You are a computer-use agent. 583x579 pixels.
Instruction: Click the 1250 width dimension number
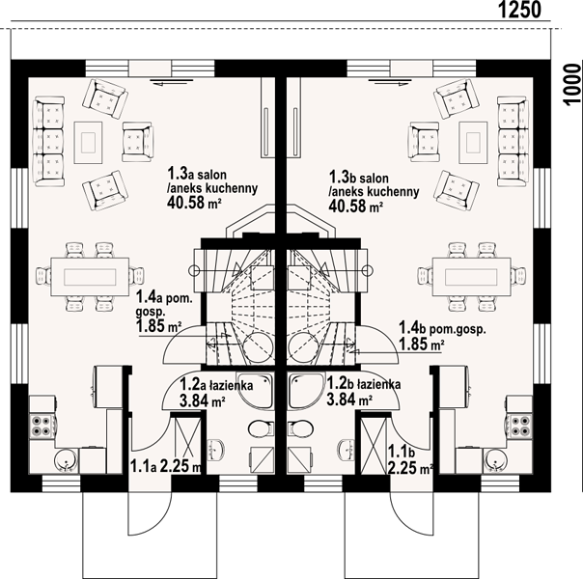[x=519, y=10]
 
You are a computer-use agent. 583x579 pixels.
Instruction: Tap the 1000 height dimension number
[x=572, y=85]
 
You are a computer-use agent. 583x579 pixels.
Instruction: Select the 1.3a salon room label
[x=197, y=174]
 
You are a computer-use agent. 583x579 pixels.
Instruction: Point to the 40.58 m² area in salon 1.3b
[x=355, y=206]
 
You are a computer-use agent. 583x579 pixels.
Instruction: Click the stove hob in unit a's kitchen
[x=42, y=426]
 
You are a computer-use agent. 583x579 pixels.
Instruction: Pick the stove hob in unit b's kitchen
[x=520, y=426]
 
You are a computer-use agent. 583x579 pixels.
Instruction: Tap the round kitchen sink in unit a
[x=66, y=460]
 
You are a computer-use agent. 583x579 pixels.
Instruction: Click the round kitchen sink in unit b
[x=496, y=460]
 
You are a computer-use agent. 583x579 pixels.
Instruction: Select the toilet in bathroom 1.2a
[x=261, y=428]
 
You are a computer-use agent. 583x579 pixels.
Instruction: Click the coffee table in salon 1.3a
[x=88, y=142]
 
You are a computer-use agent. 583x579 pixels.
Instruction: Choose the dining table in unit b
[x=471, y=277]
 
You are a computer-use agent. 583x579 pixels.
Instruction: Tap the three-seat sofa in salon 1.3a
[x=48, y=141]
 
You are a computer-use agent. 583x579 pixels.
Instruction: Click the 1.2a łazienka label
[x=216, y=385]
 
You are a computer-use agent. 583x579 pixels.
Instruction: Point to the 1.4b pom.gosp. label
[x=442, y=328]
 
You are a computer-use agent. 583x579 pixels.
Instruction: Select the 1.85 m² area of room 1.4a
[x=158, y=326]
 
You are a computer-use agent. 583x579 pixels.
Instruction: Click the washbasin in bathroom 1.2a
[x=215, y=450]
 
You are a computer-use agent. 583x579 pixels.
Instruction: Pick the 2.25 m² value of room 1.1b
[x=410, y=468]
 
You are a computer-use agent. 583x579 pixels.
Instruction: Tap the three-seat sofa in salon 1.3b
[x=513, y=141]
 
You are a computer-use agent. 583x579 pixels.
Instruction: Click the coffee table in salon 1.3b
[x=473, y=142]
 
